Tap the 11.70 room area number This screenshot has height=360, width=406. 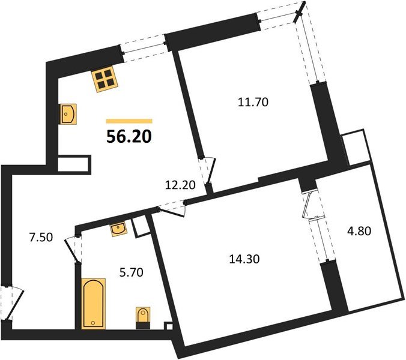click(x=252, y=103)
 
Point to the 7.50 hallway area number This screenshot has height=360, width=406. click(x=41, y=236)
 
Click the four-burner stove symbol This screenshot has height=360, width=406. click(x=104, y=79)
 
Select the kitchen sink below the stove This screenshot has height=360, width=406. click(x=68, y=113)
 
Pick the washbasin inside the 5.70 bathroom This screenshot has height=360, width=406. click(x=118, y=229)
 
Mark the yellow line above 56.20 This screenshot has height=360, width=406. click(x=129, y=121)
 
